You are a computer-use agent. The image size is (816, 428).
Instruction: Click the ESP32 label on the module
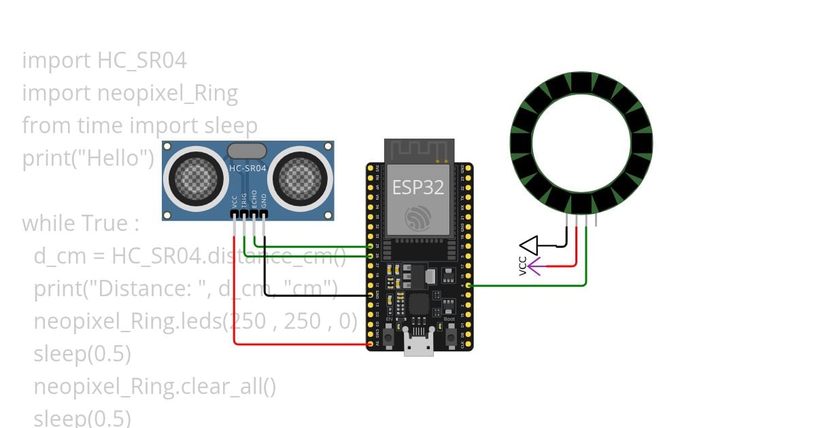pyautogui.click(x=418, y=186)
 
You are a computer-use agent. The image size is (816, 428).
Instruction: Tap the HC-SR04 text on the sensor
pyautogui.click(x=247, y=168)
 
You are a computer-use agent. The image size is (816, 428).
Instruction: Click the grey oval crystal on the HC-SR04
pyautogui.click(x=248, y=151)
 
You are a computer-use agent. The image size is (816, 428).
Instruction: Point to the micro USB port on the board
pyautogui.click(x=419, y=345)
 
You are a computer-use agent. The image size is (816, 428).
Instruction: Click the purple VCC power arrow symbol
pyautogui.click(x=534, y=267)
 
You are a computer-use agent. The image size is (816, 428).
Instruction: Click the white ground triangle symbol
pyautogui.click(x=529, y=245)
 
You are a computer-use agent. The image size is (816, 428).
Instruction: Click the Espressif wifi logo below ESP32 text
pyautogui.click(x=418, y=217)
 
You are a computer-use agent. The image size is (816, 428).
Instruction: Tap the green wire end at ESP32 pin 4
pyautogui.click(x=469, y=285)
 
